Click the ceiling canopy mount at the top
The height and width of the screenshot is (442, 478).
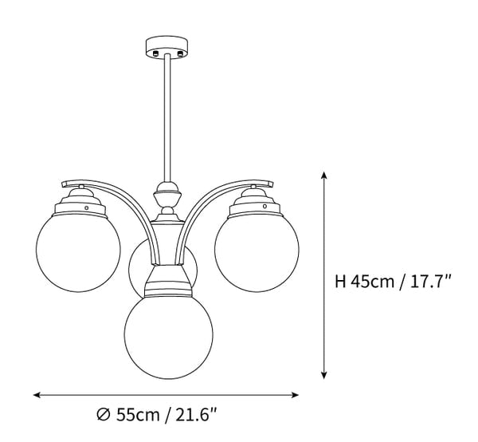click(x=166, y=46)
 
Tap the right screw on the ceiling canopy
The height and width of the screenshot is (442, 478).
click(x=179, y=53)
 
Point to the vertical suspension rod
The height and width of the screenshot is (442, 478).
click(x=166, y=120)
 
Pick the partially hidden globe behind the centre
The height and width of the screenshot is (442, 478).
click(x=137, y=267)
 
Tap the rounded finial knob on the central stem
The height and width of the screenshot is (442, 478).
click(x=167, y=192)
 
